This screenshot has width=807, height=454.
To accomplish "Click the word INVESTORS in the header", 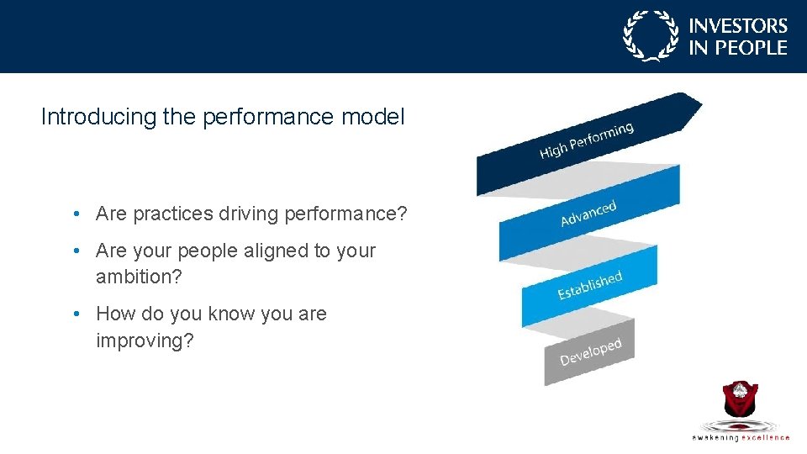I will click(x=738, y=27).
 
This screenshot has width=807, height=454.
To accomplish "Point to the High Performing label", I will click(x=586, y=140).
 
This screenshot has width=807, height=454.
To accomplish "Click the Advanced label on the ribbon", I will click(x=588, y=214).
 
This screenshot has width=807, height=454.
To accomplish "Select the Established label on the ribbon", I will click(x=589, y=284).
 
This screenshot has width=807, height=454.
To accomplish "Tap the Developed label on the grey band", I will click(x=590, y=351).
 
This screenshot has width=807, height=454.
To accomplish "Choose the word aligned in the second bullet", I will click(x=275, y=251).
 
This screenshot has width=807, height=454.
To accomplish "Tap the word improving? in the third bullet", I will click(x=145, y=340).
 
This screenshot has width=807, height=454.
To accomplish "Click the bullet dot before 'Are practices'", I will click(x=76, y=214).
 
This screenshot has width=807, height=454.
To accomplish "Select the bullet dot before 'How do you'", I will click(x=76, y=314).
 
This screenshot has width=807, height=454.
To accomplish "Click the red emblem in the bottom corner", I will click(x=741, y=399).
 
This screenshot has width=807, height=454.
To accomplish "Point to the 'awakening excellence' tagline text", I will click(x=741, y=437).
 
